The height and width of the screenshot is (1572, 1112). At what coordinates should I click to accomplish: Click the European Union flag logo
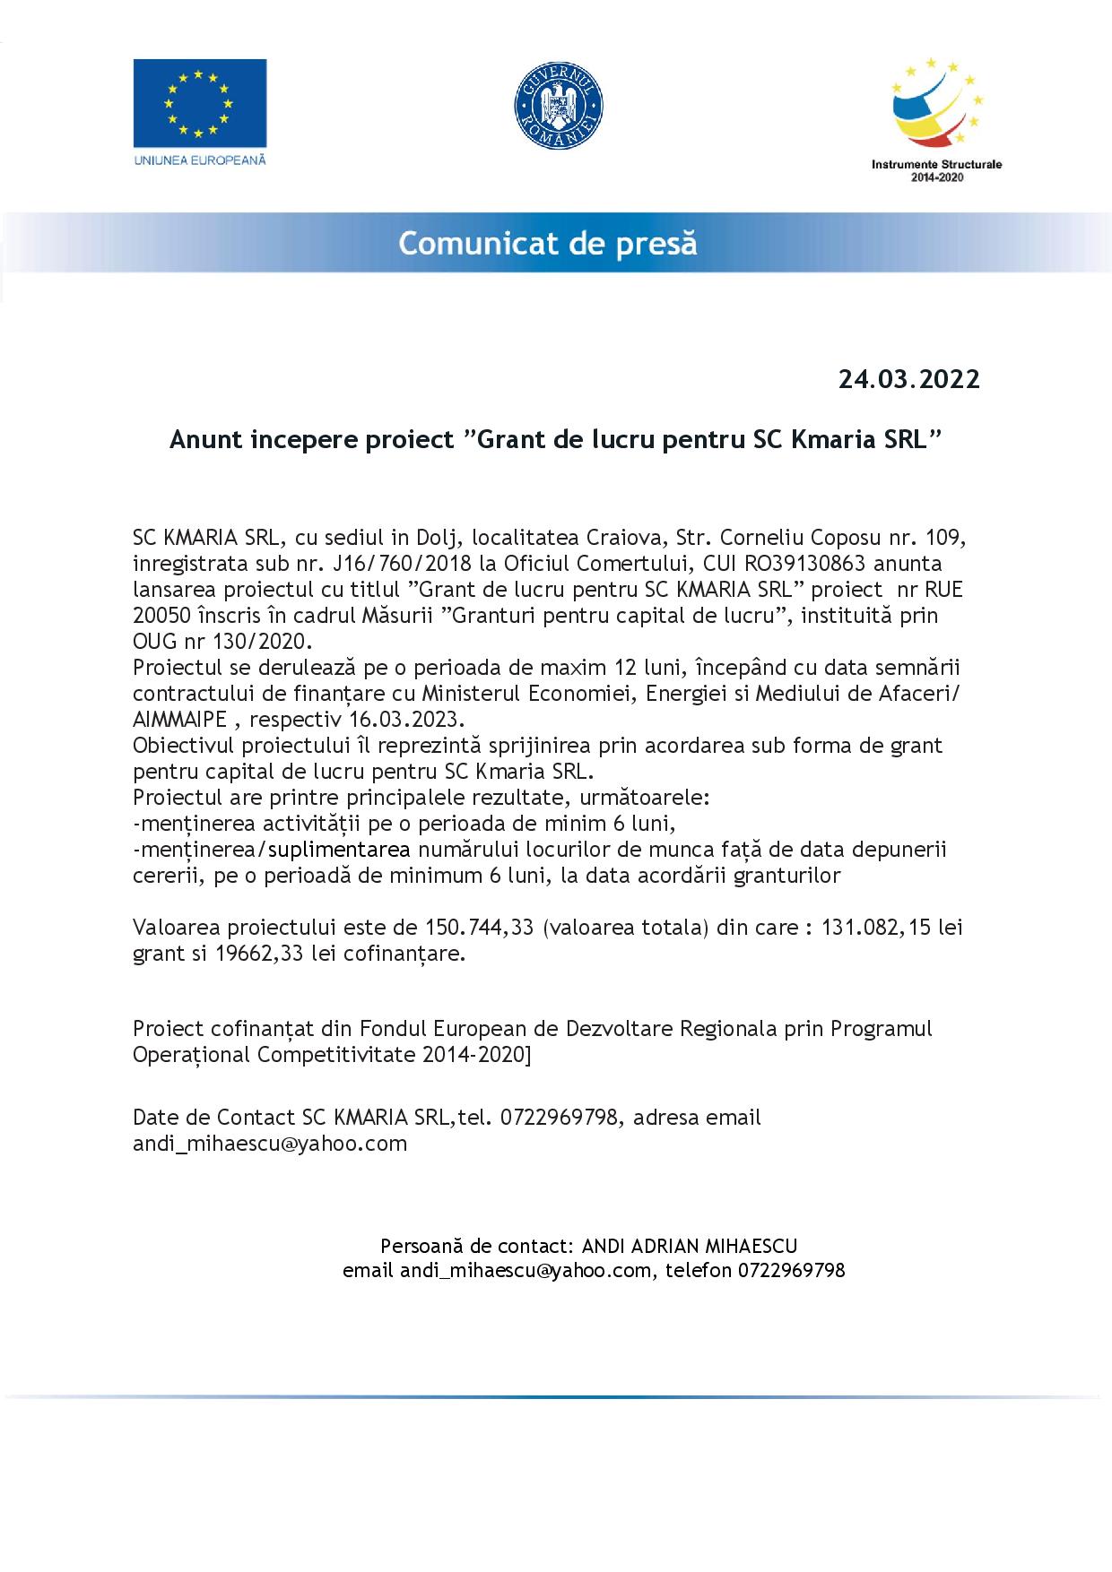[200, 103]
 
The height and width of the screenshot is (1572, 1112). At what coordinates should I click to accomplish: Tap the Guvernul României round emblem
[558, 104]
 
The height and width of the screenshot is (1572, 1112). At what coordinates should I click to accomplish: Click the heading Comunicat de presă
[548, 244]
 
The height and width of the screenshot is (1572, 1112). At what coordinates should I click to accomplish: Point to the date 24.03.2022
[908, 379]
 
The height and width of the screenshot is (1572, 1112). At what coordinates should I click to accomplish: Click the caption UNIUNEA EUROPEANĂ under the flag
[200, 160]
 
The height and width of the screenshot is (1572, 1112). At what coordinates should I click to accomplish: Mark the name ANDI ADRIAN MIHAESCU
[690, 1246]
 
